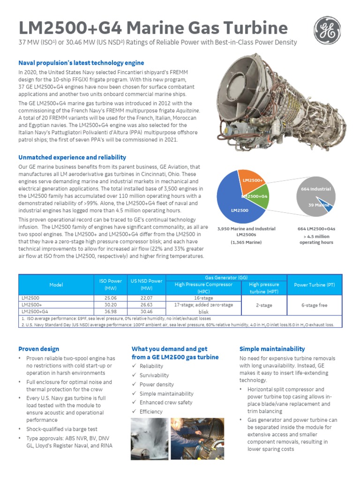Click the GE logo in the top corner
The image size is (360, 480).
click(x=327, y=30)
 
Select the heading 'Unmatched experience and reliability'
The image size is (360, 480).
click(x=72, y=157)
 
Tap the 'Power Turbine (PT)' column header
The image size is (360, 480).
click(x=314, y=285)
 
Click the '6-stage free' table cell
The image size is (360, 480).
click(x=314, y=305)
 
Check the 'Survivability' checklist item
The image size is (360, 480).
click(x=154, y=375)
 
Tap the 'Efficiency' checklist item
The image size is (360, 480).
click(x=151, y=412)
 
